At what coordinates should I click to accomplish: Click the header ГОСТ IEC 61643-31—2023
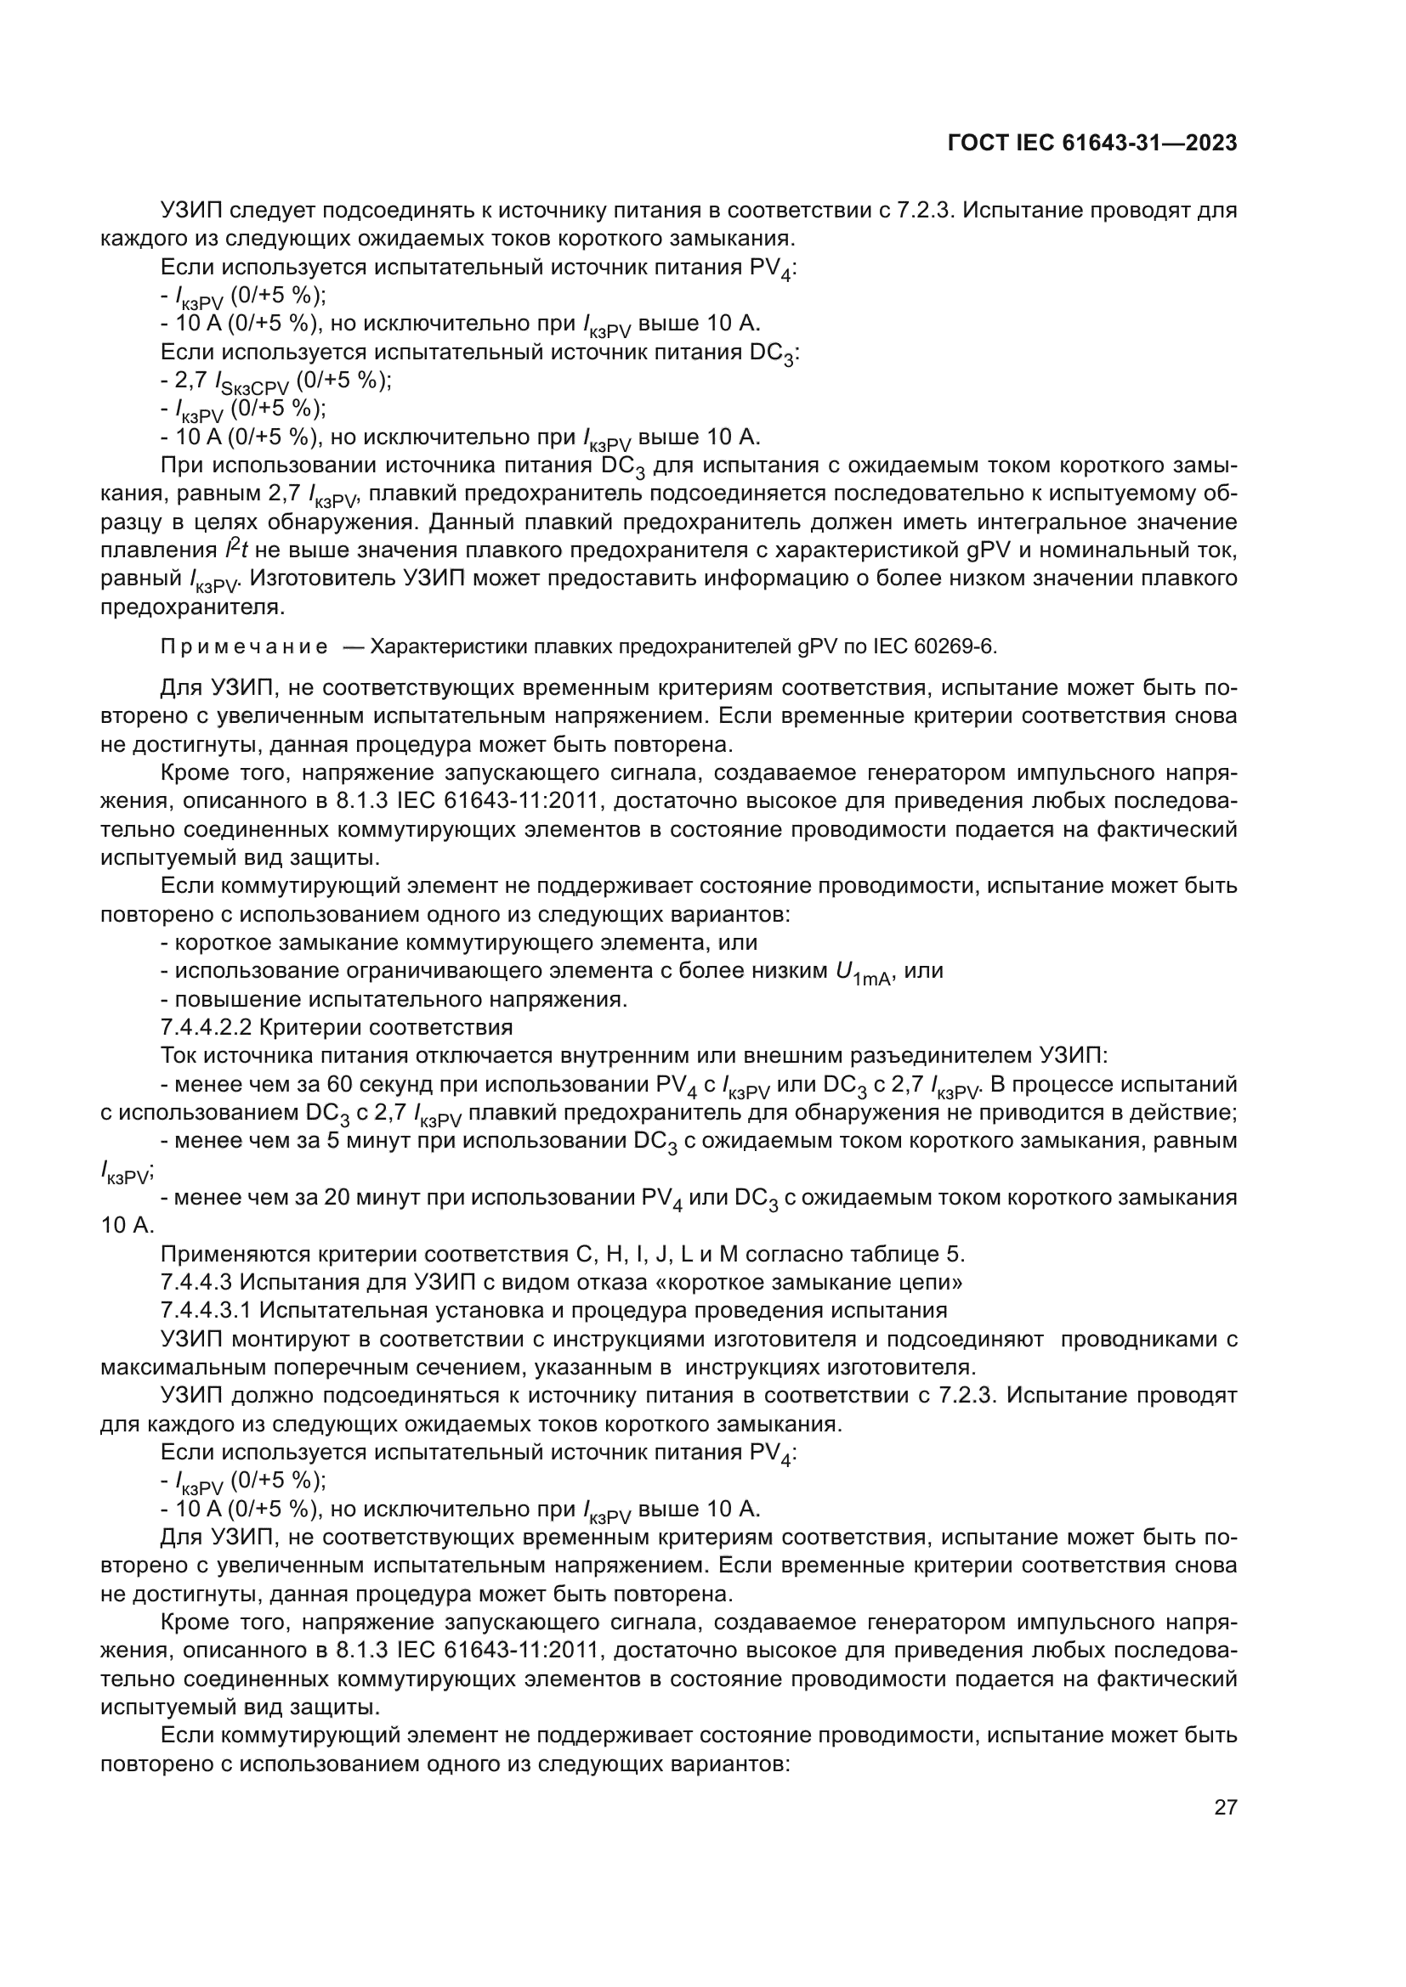[1092, 144]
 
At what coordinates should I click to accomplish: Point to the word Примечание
[244, 647]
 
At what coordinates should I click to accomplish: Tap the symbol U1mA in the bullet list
[862, 974]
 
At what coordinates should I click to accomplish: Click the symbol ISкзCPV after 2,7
[251, 384]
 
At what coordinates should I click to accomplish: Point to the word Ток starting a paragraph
[179, 1056]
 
